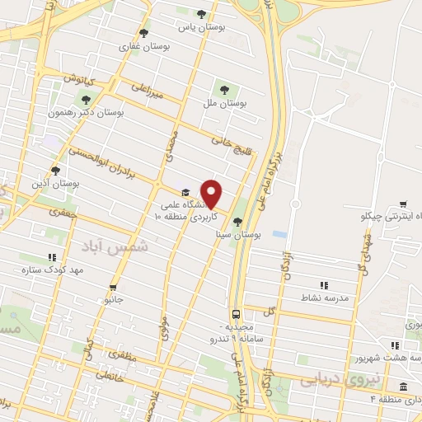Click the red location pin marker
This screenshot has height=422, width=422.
click(x=212, y=194)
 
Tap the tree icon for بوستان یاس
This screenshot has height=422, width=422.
click(x=203, y=14)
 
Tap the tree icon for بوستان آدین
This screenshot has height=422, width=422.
click(x=55, y=171)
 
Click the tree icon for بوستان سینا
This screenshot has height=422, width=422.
click(x=238, y=222)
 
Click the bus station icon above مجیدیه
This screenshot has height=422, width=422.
click(x=237, y=314)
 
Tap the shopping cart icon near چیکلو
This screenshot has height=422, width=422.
click(x=403, y=204)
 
